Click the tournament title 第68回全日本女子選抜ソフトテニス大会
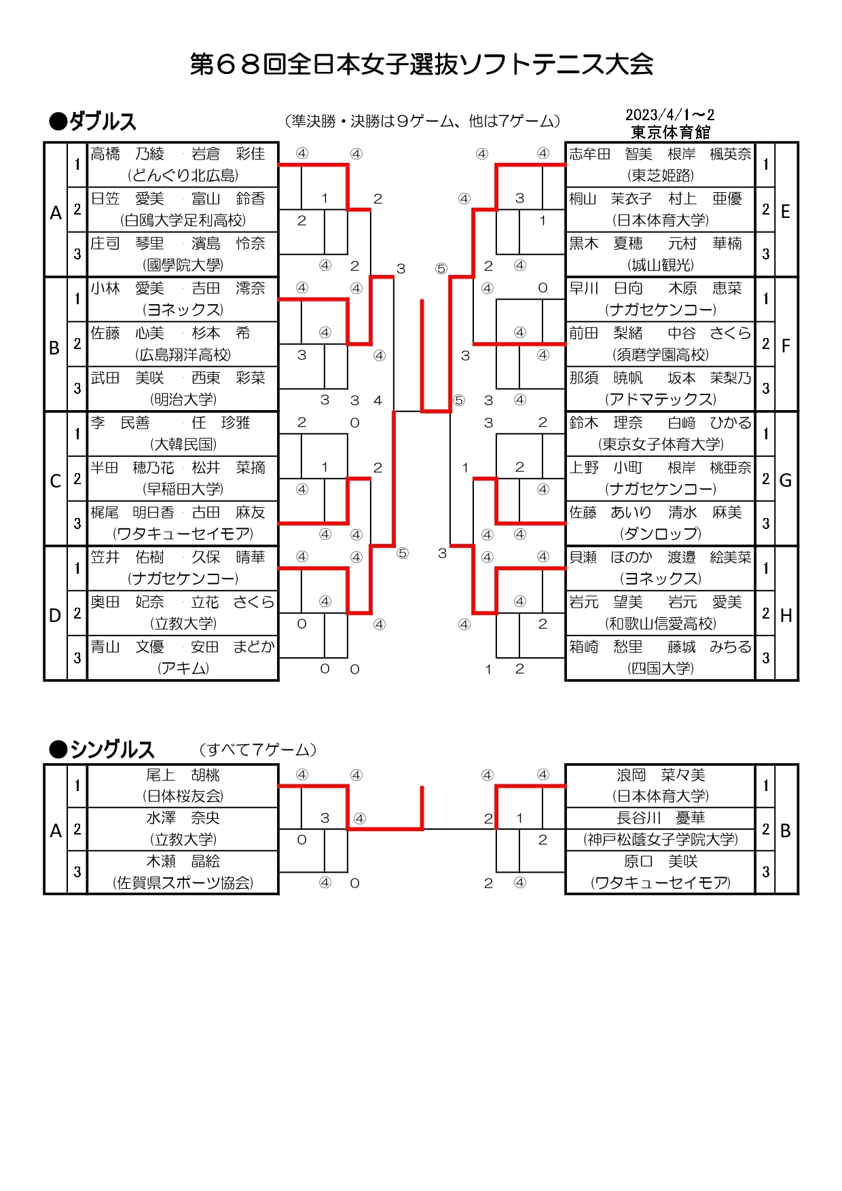point(421,65)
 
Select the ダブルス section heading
point(93,122)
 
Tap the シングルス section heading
point(103,750)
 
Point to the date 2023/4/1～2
point(670,115)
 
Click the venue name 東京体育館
point(670,132)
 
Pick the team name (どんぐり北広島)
point(183,175)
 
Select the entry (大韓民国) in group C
point(183,444)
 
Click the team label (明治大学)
point(183,399)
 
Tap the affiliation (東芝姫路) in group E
point(661,175)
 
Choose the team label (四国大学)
point(661,668)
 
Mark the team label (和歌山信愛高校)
point(661,623)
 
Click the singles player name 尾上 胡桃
point(183,775)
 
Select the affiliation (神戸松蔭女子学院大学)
point(661,839)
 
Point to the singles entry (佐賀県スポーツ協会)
point(183,883)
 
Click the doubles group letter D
point(55,615)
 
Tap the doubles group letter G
point(786,480)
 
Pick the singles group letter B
point(786,830)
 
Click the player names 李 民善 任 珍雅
point(171,422)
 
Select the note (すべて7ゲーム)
point(258,750)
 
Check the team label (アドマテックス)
point(661,399)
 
